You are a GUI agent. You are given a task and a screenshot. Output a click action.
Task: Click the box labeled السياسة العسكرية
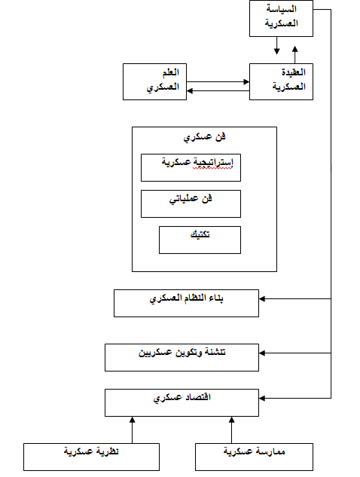tap(281, 19)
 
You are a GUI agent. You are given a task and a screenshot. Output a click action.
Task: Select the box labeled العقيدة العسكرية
tap(281, 81)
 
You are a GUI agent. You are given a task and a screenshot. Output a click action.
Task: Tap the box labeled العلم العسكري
tap(154, 81)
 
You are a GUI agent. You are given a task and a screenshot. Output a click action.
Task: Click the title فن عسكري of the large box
tap(204, 137)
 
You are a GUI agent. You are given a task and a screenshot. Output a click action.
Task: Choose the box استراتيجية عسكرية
tap(191, 167)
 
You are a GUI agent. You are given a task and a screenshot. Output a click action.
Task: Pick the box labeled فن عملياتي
tap(191, 203)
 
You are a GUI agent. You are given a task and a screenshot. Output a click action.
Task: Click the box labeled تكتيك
tap(200, 240)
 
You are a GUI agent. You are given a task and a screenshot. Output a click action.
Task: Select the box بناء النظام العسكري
tap(186, 303)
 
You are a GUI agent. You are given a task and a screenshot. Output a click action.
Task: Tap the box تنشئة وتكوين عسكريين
tap(182, 357)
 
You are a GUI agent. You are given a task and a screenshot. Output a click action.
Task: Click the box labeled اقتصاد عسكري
tap(182, 402)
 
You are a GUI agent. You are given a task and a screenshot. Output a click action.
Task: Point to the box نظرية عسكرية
tap(91, 457)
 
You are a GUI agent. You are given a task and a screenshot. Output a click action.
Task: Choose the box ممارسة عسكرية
tap(254, 457)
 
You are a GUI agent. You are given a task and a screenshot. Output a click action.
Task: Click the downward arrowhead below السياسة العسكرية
tap(276, 50)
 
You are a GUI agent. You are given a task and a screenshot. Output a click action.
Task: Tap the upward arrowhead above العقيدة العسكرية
tap(294, 49)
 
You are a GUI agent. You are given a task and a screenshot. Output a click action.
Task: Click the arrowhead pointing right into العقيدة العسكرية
tap(246, 81)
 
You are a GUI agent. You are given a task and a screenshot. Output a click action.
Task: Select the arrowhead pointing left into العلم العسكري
tap(190, 90)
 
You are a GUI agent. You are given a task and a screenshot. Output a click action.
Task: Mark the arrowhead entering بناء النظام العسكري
tap(262, 298)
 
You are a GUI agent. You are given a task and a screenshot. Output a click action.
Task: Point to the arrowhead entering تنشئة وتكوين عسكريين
tap(262, 353)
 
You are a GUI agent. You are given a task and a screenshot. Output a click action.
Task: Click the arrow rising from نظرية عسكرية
tap(132, 430)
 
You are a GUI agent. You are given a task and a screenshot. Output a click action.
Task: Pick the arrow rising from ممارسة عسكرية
tap(231, 430)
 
